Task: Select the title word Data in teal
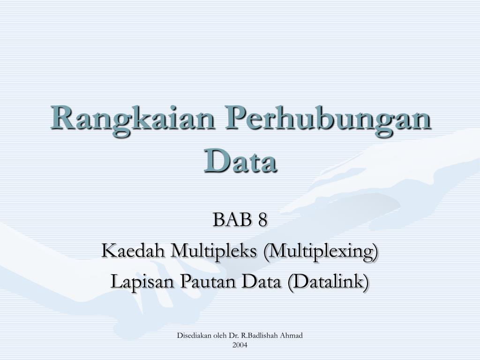(x=240, y=160)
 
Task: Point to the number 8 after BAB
(x=262, y=219)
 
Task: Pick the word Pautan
(x=208, y=282)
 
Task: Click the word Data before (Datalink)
(x=261, y=282)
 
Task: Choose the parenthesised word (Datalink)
(x=328, y=282)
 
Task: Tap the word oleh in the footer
(x=211, y=336)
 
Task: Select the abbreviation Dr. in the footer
(x=223, y=336)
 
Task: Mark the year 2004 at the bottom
(x=240, y=345)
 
